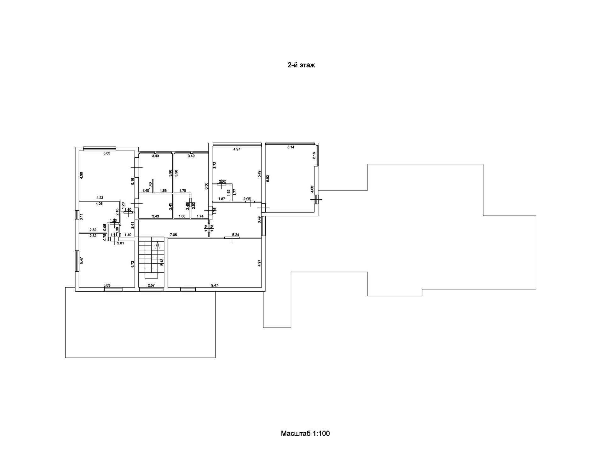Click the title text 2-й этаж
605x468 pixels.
[x=301, y=65]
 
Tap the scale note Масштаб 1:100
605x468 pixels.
[x=305, y=433]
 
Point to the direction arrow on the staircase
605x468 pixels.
[x=158, y=245]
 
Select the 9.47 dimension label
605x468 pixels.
[x=215, y=285]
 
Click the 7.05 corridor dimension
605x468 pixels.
[x=173, y=235]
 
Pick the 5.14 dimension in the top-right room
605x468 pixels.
[x=291, y=147]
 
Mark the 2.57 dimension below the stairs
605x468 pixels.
[x=151, y=285]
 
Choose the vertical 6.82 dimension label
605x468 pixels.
[x=268, y=179]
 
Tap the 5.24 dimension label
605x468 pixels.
[x=236, y=235]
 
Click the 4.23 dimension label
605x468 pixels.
[x=100, y=198]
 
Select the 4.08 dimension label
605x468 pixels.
[x=99, y=204]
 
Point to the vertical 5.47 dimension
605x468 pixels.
[x=81, y=260]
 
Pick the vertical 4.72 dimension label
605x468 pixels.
[x=133, y=264]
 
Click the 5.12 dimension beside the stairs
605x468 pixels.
[x=162, y=262]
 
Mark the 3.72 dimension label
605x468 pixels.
[x=215, y=165]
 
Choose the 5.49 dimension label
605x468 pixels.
[x=259, y=174]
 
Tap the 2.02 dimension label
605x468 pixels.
[x=222, y=181]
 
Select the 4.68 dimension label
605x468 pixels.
[x=312, y=189]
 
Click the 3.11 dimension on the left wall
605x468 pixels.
[x=81, y=217]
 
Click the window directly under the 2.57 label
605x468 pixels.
[x=151, y=289]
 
